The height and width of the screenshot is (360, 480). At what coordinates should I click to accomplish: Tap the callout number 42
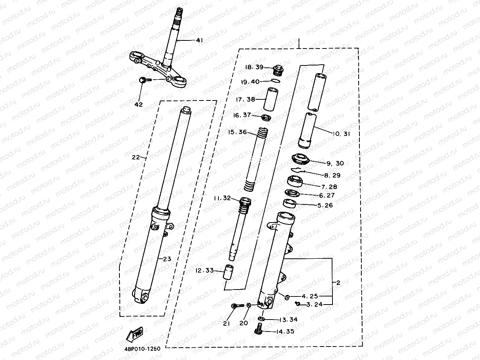pyautogui.click(x=138, y=104)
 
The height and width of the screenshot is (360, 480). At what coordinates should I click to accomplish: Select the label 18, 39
pyautogui.click(x=254, y=67)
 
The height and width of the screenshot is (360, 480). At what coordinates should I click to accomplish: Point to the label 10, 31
pyautogui.click(x=341, y=134)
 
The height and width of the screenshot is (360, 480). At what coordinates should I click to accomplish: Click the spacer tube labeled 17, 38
pyautogui.click(x=271, y=99)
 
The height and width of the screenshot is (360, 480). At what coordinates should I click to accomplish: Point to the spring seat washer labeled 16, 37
pyautogui.click(x=266, y=117)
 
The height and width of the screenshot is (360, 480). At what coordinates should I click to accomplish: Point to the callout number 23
pyautogui.click(x=166, y=259)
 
